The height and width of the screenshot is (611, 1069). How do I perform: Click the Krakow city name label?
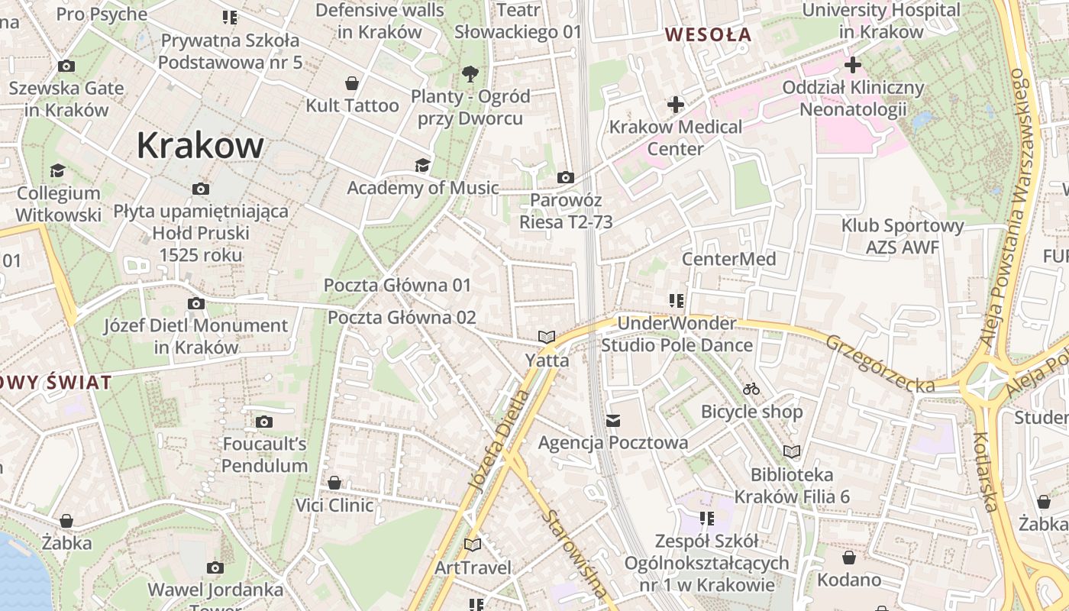(x=200, y=145)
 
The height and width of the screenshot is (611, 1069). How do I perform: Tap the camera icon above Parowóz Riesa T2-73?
(x=565, y=177)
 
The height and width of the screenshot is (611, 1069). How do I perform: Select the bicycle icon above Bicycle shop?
(x=751, y=389)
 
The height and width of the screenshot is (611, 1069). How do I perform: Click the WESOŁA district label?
(x=708, y=34)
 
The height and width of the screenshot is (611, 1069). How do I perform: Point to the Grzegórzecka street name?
(x=880, y=364)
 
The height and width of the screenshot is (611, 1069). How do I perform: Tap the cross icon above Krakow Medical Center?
(x=675, y=104)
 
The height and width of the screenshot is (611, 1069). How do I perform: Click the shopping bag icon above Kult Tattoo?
(x=352, y=82)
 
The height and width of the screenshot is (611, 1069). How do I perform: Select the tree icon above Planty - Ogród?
(x=470, y=73)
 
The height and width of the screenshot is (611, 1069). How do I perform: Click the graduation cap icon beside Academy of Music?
(x=421, y=165)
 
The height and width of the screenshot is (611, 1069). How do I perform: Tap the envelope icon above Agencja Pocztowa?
(x=612, y=420)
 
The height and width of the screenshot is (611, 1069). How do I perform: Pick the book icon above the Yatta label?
(x=546, y=337)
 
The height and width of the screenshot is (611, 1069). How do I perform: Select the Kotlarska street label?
(x=986, y=471)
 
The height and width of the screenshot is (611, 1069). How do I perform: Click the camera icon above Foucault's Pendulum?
(x=264, y=422)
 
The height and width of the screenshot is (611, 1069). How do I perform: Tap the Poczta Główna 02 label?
(x=402, y=317)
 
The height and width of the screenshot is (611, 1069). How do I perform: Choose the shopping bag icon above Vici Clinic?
(x=334, y=483)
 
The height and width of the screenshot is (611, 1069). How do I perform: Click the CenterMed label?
(x=728, y=259)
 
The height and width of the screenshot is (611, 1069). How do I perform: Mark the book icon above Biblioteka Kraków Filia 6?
(x=792, y=451)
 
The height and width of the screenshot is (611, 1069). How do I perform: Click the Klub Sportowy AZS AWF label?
(x=902, y=237)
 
